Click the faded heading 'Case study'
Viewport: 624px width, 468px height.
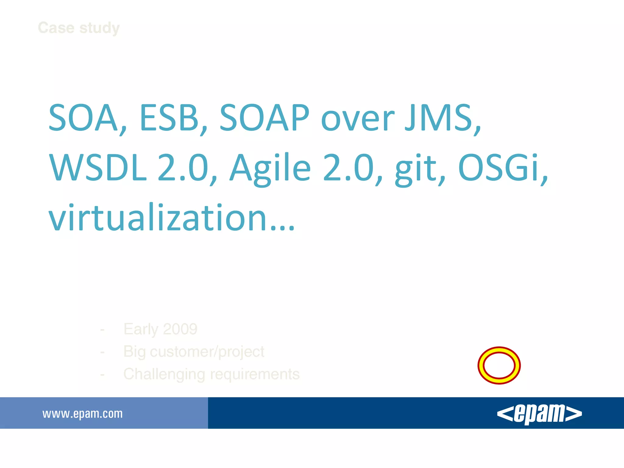click(x=79, y=28)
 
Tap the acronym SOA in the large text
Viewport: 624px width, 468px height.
click(x=83, y=118)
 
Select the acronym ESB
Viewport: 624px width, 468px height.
click(x=169, y=118)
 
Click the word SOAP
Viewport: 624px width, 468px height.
click(x=264, y=118)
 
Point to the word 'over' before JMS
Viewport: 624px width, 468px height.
click(x=358, y=120)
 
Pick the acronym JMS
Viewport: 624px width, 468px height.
click(x=439, y=118)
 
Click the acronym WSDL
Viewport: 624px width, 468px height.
click(x=98, y=168)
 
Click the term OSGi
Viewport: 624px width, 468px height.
click(x=499, y=168)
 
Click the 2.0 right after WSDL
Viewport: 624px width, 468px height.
click(x=183, y=168)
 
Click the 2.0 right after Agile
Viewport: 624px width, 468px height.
click(x=348, y=168)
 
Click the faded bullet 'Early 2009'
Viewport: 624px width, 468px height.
click(x=160, y=329)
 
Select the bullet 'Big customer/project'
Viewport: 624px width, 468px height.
click(x=194, y=352)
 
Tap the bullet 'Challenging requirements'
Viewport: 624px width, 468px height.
click(x=211, y=374)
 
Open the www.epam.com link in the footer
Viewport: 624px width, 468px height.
click(x=83, y=414)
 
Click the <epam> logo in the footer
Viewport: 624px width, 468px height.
click(x=539, y=413)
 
